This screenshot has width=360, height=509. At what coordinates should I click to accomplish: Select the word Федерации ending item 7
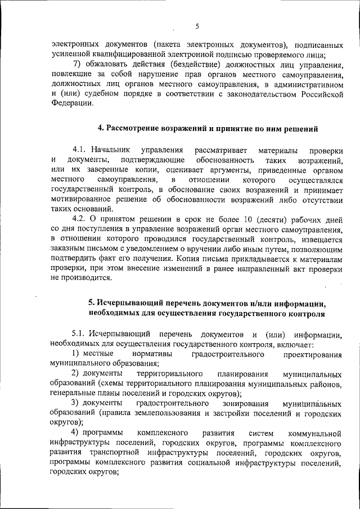[x=69, y=103]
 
